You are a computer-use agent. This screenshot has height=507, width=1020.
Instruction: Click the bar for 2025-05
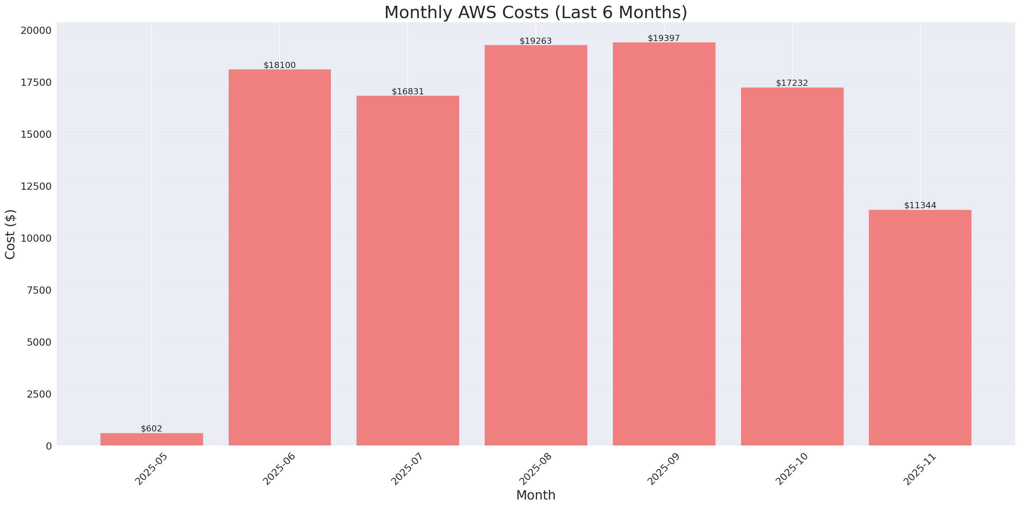pos(152,439)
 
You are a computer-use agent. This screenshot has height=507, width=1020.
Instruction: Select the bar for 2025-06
pos(280,257)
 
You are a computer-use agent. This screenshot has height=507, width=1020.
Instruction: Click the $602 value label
pos(152,429)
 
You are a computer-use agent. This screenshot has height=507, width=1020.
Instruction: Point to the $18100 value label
pos(280,65)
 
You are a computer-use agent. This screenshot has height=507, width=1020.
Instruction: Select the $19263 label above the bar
pos(535,41)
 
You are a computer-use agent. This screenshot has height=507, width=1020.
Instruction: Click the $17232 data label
pos(792,83)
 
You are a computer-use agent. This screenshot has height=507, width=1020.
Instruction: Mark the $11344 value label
pos(920,205)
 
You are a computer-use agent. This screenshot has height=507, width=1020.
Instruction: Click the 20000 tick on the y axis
pos(36,30)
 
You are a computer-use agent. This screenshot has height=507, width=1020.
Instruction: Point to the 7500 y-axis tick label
pos(39,290)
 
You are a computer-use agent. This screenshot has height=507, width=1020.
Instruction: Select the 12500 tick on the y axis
pos(36,187)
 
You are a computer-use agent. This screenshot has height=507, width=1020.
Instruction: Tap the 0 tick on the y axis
pos(49,446)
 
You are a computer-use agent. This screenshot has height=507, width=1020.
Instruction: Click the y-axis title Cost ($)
pos(10,234)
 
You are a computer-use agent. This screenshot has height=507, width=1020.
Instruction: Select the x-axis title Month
pos(535,495)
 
